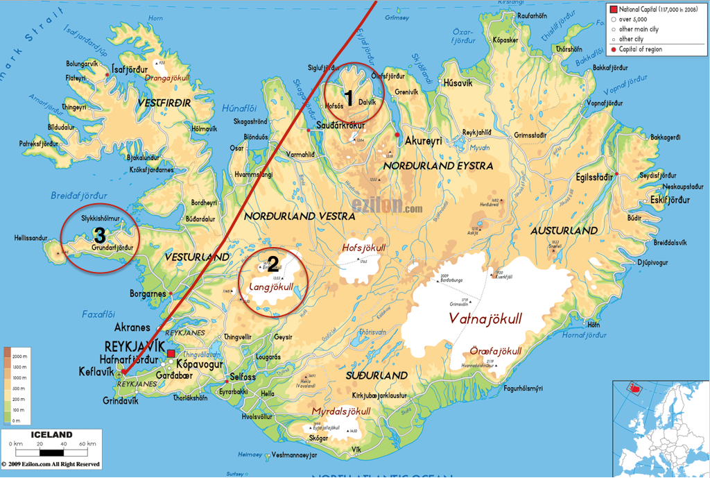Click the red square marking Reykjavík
click(x=171, y=353)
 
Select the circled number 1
click(x=350, y=99)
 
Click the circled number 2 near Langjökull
click(x=273, y=264)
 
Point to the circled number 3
click(x=99, y=235)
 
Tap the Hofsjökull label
click(x=363, y=248)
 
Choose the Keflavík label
click(x=98, y=373)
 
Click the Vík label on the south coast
click(x=356, y=450)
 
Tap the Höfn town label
click(x=593, y=324)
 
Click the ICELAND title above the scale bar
click(x=51, y=434)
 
